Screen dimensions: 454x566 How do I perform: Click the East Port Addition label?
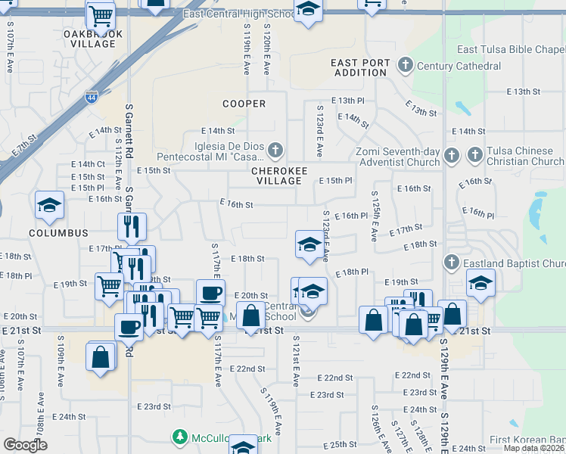tap(360, 67)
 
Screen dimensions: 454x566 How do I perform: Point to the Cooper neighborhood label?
tap(244, 104)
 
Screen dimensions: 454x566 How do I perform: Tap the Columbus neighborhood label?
tap(59, 234)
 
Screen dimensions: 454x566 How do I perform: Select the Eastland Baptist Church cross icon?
tap(451, 263)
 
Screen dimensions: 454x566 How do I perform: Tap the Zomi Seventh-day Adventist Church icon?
tap(451, 155)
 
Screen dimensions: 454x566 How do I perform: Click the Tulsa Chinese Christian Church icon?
tap(474, 155)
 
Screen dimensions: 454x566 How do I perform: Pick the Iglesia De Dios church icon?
tap(276, 150)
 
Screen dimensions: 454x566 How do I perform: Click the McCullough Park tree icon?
tap(180, 437)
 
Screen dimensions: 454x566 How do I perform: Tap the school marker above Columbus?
tap(50, 206)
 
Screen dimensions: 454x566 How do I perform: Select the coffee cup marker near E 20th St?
tap(210, 293)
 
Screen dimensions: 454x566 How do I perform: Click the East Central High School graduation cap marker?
tap(307, 11)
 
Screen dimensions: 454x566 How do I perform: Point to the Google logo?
tap(25, 445)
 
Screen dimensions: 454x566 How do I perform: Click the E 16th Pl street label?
tap(351, 216)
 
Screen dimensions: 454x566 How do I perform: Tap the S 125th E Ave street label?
tap(374, 216)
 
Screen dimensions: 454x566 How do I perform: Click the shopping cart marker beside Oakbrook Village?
tap(101, 14)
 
